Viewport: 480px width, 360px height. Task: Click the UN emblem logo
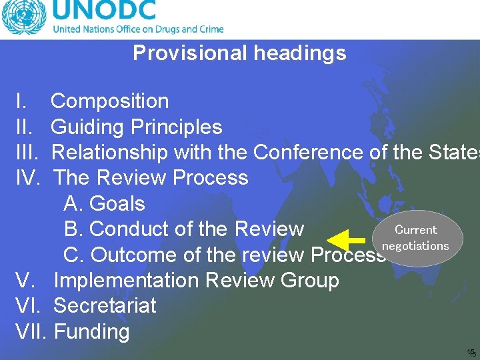tap(25, 16)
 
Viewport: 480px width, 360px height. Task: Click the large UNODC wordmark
tap(104, 9)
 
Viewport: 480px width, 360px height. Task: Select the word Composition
tap(110, 101)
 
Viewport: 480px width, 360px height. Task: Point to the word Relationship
tap(109, 153)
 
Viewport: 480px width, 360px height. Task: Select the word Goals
tap(117, 203)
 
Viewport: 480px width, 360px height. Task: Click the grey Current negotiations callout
tap(415, 238)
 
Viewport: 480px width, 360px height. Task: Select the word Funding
tap(91, 332)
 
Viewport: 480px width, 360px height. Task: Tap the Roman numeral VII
tap(30, 332)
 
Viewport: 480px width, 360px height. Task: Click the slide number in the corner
tap(471, 351)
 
